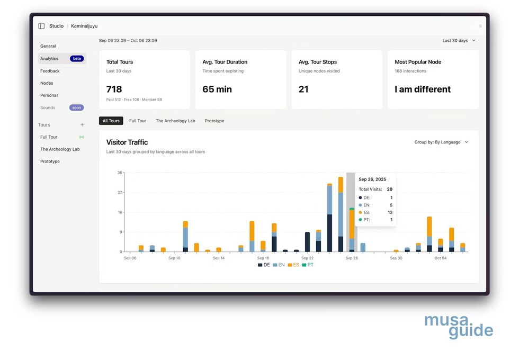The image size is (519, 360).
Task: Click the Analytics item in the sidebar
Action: point(49,59)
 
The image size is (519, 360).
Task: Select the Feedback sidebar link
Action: point(50,71)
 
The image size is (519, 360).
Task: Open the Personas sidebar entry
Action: point(49,95)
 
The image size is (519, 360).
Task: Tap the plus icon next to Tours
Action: point(82,125)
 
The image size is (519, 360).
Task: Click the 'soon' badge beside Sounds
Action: point(76,107)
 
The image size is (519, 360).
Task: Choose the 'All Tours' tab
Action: point(111,121)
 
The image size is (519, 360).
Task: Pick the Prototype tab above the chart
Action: point(214,121)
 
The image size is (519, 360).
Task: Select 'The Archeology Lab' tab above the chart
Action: point(175,121)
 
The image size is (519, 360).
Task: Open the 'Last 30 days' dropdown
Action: point(459,40)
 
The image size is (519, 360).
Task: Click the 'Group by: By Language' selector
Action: point(442,142)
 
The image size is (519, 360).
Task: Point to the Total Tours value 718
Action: point(114,89)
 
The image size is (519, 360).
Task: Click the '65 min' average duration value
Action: point(217,89)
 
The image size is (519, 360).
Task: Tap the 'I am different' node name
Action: point(423,89)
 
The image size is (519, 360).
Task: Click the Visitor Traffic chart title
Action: point(127,142)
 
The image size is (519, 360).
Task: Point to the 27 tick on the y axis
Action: point(120,192)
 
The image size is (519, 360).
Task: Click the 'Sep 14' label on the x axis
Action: point(219,258)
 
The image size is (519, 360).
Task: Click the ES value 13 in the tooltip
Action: point(390,212)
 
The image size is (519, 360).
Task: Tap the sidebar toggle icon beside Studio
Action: point(41,26)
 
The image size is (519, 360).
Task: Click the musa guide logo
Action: point(459,326)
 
